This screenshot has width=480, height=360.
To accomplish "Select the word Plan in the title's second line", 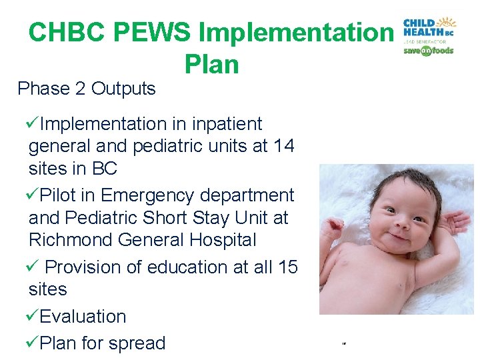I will [x=210, y=64].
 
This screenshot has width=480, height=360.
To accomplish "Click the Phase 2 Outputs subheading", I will [x=87, y=89].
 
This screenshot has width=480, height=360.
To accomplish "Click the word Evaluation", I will [x=83, y=316].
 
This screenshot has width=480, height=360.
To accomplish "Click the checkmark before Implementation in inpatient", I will [x=32, y=124].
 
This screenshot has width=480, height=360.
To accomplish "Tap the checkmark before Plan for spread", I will [x=32, y=343].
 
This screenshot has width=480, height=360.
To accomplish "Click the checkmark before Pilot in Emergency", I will [x=32, y=195].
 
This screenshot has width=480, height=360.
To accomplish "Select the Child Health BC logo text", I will [x=420, y=28].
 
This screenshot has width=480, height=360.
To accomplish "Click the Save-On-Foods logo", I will [x=428, y=51].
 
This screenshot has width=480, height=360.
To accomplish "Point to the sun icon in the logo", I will [x=446, y=22].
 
